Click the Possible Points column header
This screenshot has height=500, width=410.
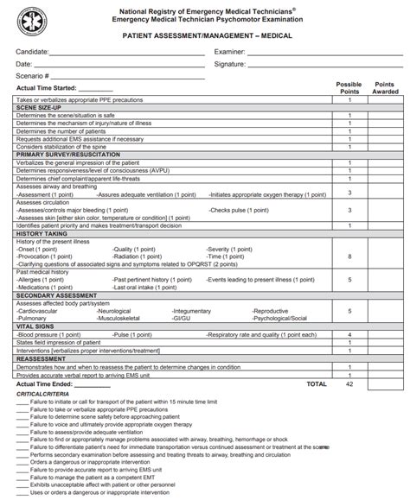click(349, 87)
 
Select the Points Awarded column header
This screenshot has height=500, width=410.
click(384, 87)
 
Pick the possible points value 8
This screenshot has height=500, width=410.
click(349, 256)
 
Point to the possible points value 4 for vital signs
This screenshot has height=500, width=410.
click(349, 333)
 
